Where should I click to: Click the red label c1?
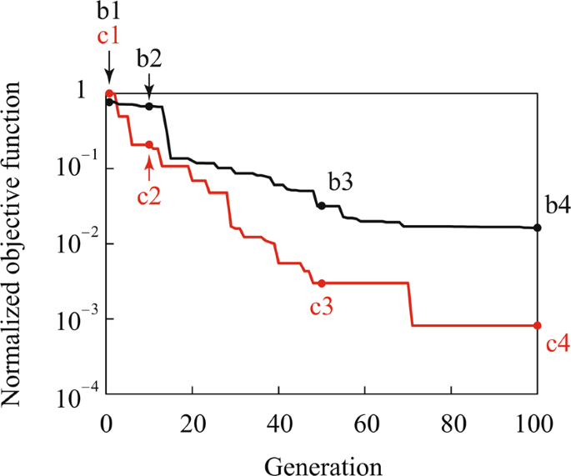pyautogui.click(x=108, y=38)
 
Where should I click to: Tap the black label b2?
pyautogui.click(x=150, y=60)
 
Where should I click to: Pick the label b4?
pyautogui.click(x=557, y=204)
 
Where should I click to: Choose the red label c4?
pyautogui.click(x=557, y=343)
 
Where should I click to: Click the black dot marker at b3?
pyautogui.click(x=322, y=205)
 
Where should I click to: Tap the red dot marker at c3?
pyautogui.click(x=322, y=283)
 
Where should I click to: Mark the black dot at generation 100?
pyautogui.click(x=537, y=228)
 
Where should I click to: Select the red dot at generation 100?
pyautogui.click(x=537, y=325)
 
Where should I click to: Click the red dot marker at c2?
pyautogui.click(x=149, y=144)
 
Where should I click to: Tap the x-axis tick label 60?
pyautogui.click(x=364, y=420)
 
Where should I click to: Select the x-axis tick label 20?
pyautogui.click(x=193, y=420)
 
